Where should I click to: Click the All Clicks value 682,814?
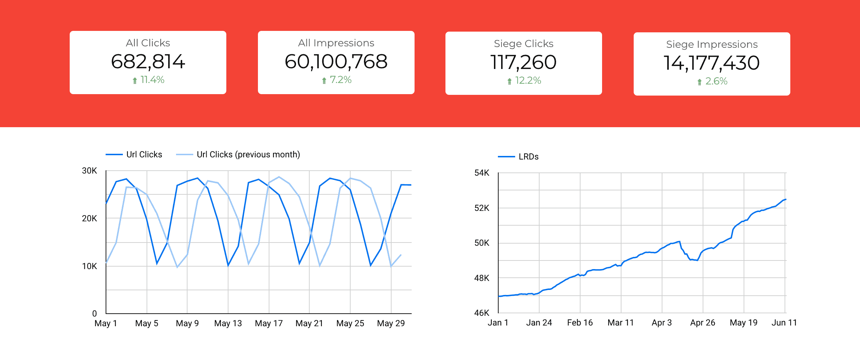(148, 62)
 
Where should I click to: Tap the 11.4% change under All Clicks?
(152, 80)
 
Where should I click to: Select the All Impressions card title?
(336, 43)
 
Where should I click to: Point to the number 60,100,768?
(336, 62)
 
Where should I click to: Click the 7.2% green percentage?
(341, 80)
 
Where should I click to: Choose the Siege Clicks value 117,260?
(523, 63)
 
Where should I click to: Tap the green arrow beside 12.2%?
(509, 81)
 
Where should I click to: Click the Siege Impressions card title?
(712, 45)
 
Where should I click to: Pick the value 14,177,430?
(712, 63)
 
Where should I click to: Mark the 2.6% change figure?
(716, 81)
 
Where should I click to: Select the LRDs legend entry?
(528, 157)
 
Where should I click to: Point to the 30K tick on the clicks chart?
(89, 171)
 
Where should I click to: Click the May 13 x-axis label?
(228, 323)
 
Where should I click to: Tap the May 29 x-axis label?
(391, 323)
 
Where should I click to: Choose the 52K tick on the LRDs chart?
(482, 208)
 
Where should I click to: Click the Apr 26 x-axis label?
(703, 323)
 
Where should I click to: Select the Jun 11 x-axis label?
(784, 323)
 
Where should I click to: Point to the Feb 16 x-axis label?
(580, 323)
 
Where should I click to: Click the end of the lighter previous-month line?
(401, 255)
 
